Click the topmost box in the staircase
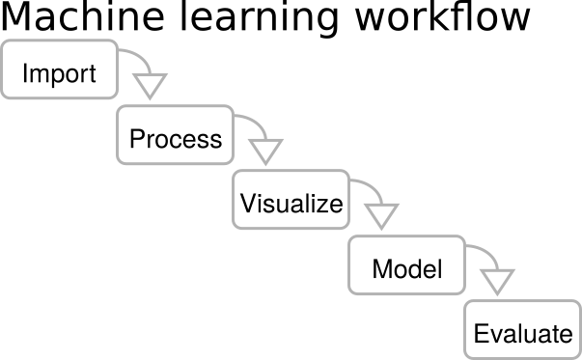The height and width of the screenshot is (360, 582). click(x=59, y=69)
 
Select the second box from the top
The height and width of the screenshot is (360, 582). click(x=175, y=135)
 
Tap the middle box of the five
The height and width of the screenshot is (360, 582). click(x=291, y=200)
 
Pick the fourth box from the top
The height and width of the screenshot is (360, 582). click(x=406, y=264)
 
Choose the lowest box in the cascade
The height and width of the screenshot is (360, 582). click(x=522, y=329)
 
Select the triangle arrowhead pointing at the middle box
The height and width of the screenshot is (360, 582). click(x=264, y=151)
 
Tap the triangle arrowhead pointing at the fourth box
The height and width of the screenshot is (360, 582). click(x=381, y=215)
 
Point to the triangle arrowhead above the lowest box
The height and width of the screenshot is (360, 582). click(x=497, y=281)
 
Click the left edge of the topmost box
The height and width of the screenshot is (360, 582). click(x=2, y=69)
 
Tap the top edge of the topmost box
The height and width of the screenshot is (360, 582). click(x=59, y=41)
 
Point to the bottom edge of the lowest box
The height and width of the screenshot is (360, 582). click(x=522, y=358)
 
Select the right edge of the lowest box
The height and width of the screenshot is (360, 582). click(x=580, y=329)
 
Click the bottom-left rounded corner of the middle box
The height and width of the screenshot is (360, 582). click(x=236, y=225)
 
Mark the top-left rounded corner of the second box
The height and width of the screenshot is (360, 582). click(x=121, y=109)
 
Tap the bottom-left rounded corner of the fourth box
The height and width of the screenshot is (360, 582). click(x=352, y=290)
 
